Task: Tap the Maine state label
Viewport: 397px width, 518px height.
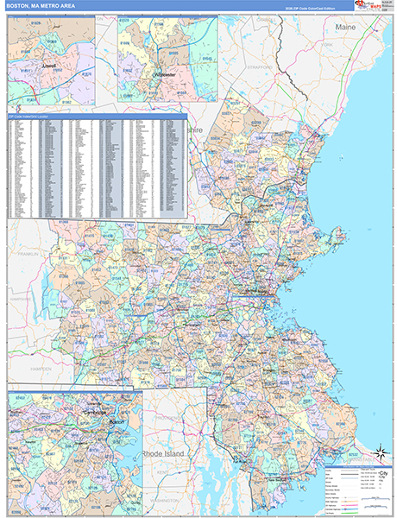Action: pos(345,28)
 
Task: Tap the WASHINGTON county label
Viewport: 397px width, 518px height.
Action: pos(164,502)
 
